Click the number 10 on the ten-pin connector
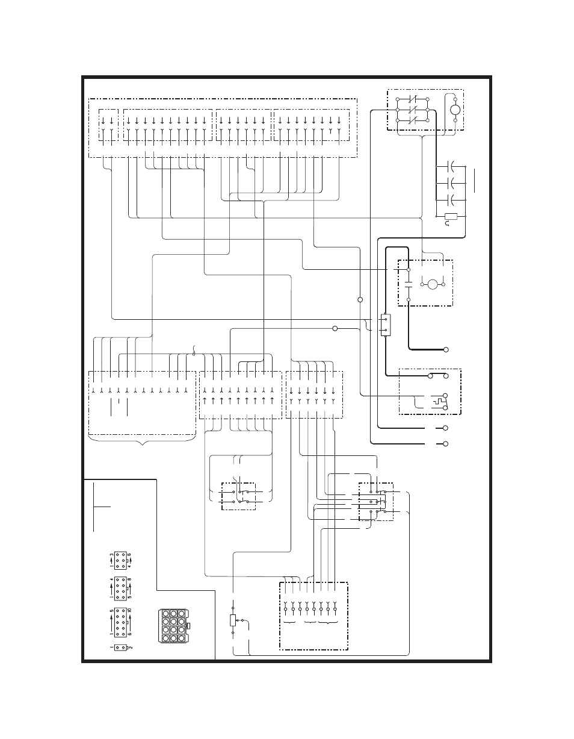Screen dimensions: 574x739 tap(130, 611)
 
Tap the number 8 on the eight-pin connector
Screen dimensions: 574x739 tap(130, 579)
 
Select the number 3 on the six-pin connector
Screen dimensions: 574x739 tap(111, 554)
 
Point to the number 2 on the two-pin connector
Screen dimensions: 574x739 tap(131, 647)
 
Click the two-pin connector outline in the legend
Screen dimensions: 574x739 tap(120, 647)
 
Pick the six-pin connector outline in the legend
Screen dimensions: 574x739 tap(120, 561)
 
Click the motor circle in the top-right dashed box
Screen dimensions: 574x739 tap(455, 110)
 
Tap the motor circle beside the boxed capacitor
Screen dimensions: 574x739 tap(433, 284)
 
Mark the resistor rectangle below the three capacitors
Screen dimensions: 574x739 tap(451, 216)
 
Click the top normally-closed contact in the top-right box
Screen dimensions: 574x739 tap(412, 99)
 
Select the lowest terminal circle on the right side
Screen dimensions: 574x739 tap(446, 444)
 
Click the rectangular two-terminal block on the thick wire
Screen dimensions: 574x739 tap(386, 325)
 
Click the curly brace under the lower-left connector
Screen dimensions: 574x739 tap(142, 440)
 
